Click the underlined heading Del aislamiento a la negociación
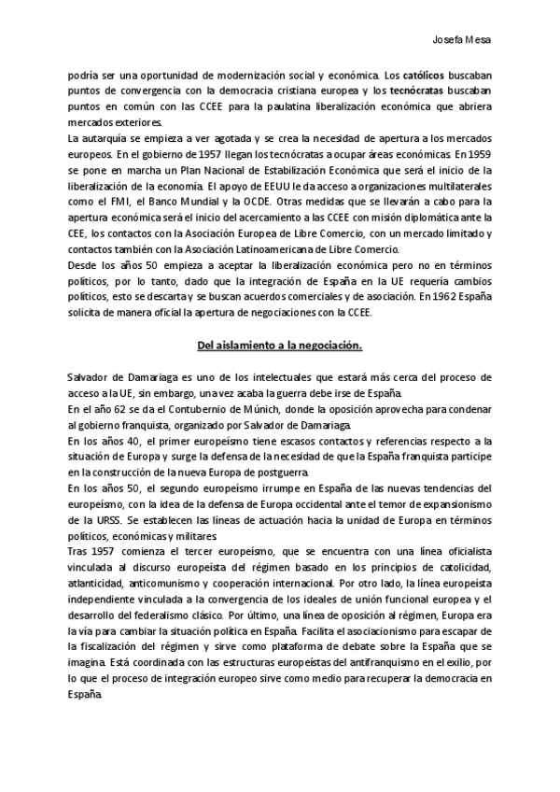(x=280, y=346)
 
